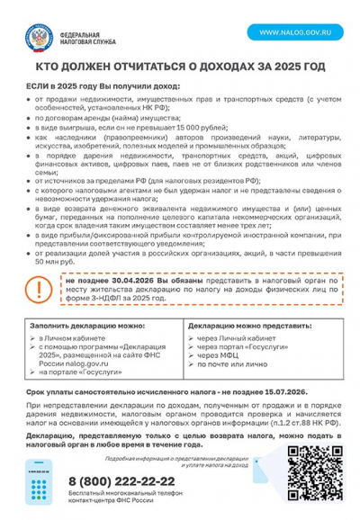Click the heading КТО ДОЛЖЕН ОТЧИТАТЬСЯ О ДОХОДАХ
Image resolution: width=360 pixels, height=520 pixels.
pyautogui.click(x=180, y=67)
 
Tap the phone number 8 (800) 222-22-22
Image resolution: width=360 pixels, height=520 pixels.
pyautogui.click(x=121, y=482)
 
